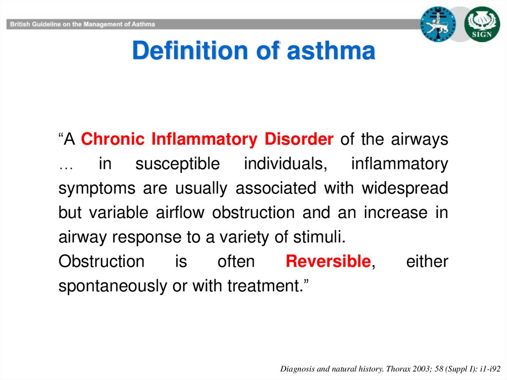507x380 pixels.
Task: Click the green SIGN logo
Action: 482,24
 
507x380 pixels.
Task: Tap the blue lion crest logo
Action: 438,24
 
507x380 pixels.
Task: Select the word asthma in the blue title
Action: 331,51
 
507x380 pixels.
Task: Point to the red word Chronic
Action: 112,139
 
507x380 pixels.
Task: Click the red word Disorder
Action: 299,139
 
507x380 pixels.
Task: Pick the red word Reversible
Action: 328,261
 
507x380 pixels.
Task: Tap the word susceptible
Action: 178,164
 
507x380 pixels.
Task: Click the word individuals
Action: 286,163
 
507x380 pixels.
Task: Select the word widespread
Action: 405,188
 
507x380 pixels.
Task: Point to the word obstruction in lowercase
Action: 253,213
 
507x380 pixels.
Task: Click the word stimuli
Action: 319,237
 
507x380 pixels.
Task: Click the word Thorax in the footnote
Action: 399,369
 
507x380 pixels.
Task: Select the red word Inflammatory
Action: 204,139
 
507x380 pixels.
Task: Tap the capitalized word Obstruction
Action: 101,261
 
